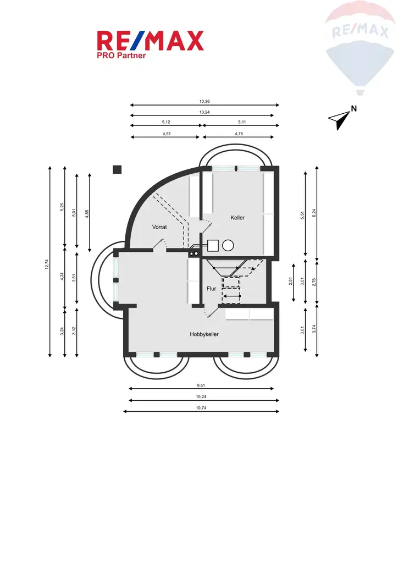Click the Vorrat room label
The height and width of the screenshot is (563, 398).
click(159, 227)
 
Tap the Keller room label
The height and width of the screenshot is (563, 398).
click(237, 218)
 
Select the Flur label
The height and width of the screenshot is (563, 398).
click(211, 288)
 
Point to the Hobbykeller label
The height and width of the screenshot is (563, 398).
click(204, 334)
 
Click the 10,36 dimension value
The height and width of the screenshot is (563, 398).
click(204, 101)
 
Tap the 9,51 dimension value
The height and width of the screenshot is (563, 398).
click(202, 385)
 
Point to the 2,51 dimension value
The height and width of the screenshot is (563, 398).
click(291, 281)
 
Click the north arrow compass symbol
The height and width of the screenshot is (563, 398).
click(341, 117)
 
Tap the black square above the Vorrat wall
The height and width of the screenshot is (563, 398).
click(117, 169)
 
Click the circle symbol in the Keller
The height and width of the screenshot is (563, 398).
click(228, 246)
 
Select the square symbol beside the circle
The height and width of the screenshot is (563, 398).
click(213, 246)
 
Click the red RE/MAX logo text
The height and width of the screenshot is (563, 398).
click(150, 41)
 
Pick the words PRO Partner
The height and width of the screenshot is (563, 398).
click(121, 55)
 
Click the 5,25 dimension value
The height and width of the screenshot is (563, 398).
click(62, 207)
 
